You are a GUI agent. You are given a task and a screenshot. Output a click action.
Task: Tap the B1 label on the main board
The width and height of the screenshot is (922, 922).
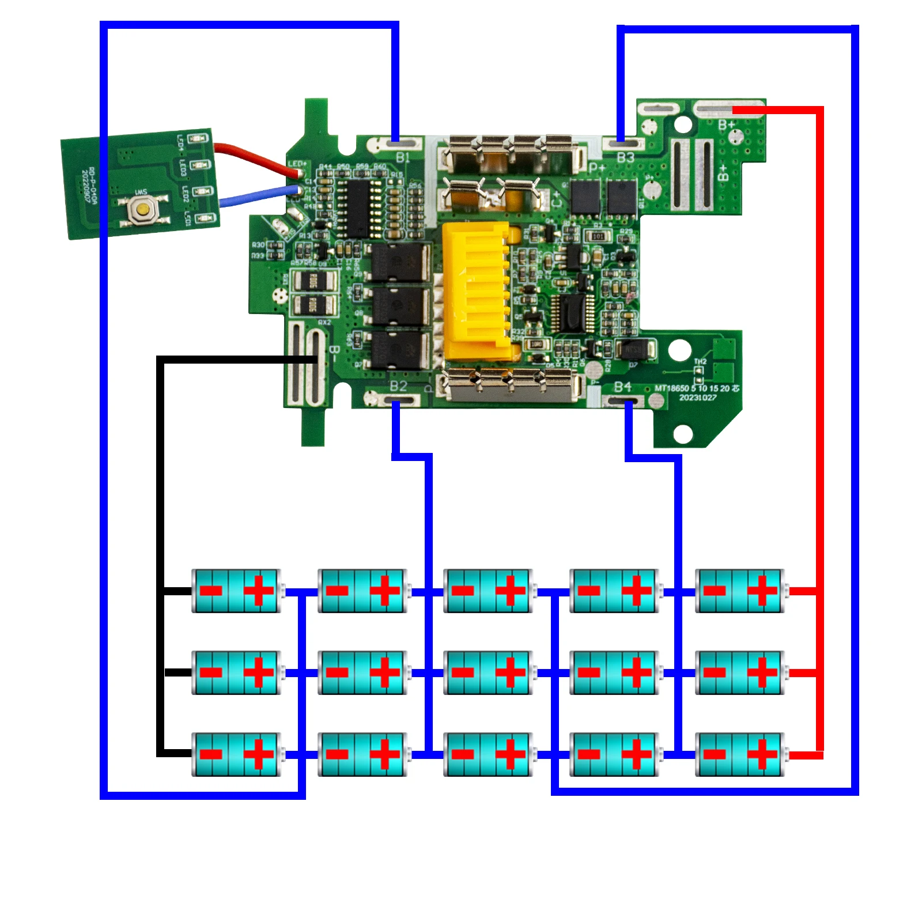click(x=403, y=157)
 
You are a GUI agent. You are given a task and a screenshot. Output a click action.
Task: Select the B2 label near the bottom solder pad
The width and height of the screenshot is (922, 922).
click(x=399, y=386)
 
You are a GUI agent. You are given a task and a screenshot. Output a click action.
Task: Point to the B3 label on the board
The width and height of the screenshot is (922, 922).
click(x=625, y=157)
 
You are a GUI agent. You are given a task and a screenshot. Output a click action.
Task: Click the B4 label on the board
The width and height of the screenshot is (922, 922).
click(x=622, y=387)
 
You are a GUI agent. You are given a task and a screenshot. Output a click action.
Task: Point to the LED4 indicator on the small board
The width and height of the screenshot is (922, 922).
click(x=199, y=138)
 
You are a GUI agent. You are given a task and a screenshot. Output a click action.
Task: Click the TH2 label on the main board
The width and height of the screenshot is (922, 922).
click(x=700, y=362)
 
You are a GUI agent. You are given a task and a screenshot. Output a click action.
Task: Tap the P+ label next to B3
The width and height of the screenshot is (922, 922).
click(x=597, y=168)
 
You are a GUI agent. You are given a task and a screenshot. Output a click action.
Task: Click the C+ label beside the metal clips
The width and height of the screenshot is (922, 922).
click(x=557, y=199)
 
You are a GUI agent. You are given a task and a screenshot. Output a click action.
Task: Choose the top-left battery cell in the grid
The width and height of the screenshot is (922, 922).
click(x=236, y=591)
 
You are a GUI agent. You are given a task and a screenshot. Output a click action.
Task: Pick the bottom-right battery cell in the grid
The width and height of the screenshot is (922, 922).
click(x=740, y=754)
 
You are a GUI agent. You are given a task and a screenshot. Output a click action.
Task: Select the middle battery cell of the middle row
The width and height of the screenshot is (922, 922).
click(x=488, y=672)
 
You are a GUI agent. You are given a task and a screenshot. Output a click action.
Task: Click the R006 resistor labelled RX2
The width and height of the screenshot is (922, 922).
click(x=315, y=305)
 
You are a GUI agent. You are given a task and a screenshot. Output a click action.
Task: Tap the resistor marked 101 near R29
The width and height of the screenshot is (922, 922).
click(x=598, y=236)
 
